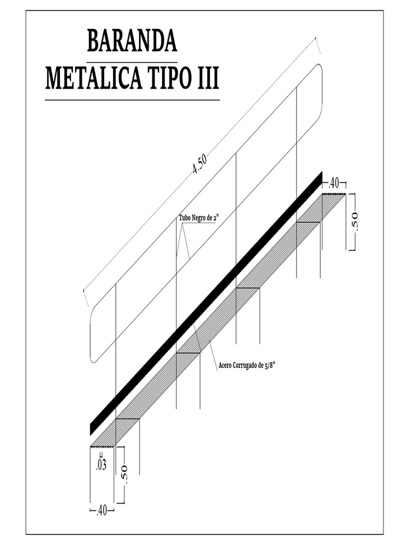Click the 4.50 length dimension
(199, 164)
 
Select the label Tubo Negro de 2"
(198, 219)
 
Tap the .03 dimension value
(101, 465)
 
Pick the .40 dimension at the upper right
(334, 183)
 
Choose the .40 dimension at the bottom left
(101, 510)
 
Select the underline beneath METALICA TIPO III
(132, 100)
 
